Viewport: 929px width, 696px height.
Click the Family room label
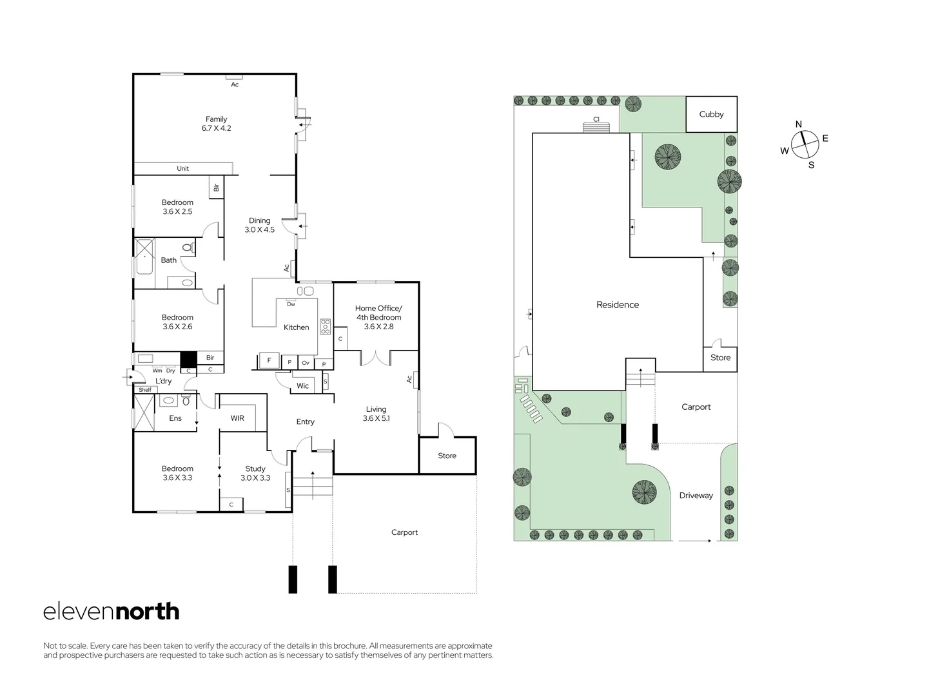(x=217, y=124)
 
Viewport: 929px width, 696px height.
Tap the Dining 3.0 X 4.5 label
(x=259, y=225)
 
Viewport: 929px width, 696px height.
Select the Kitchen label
(x=296, y=327)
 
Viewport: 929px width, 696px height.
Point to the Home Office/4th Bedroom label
(x=378, y=317)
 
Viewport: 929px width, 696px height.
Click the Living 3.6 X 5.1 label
(x=376, y=414)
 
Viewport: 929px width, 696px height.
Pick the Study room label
(x=255, y=473)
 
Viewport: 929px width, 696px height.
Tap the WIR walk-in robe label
(x=237, y=418)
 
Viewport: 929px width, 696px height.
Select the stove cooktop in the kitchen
(x=326, y=327)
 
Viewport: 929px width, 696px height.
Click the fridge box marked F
(x=269, y=361)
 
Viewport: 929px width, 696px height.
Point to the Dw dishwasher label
(x=291, y=304)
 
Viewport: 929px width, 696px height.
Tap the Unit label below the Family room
(x=183, y=169)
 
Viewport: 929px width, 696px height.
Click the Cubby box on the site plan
(x=711, y=114)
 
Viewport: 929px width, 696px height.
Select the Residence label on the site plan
(x=617, y=305)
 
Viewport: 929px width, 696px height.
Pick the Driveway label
(x=696, y=496)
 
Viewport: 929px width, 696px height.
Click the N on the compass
(x=798, y=124)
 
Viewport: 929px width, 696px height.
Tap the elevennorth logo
(x=111, y=612)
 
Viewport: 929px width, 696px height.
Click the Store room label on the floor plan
(x=447, y=456)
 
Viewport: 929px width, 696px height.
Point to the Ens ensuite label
(x=175, y=418)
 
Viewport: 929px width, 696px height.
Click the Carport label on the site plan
(x=696, y=407)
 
